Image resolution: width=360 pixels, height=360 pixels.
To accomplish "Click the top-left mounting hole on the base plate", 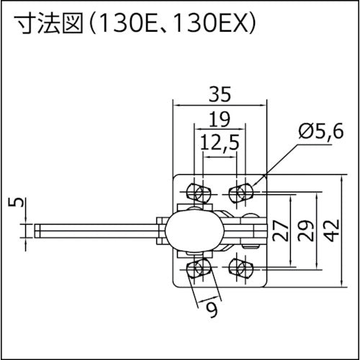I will (x=197, y=192).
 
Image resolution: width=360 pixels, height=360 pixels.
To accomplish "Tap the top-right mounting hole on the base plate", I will (x=242, y=192).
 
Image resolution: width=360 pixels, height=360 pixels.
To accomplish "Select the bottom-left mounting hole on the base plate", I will (x=197, y=269).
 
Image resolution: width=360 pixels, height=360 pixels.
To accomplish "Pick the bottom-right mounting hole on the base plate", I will (x=242, y=269).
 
